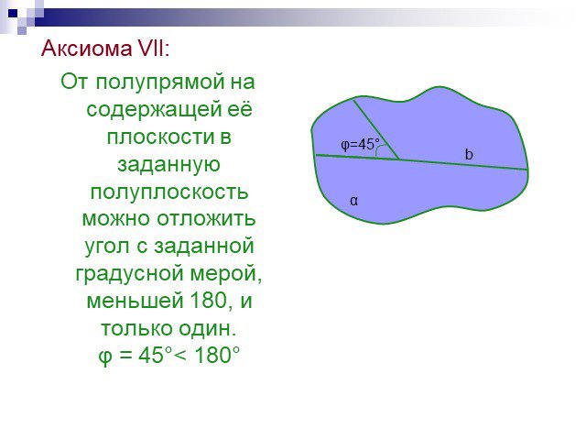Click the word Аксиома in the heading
(x=86, y=49)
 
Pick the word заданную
(x=168, y=165)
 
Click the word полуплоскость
(x=169, y=192)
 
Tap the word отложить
(x=206, y=218)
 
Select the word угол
(x=107, y=247)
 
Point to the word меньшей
(x=135, y=301)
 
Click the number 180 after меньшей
(x=209, y=300)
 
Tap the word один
(x=208, y=328)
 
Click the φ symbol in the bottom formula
(x=105, y=356)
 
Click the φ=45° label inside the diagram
(x=360, y=145)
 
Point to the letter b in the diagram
(x=469, y=154)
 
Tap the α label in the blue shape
(x=353, y=201)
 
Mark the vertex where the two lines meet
(x=399, y=159)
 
